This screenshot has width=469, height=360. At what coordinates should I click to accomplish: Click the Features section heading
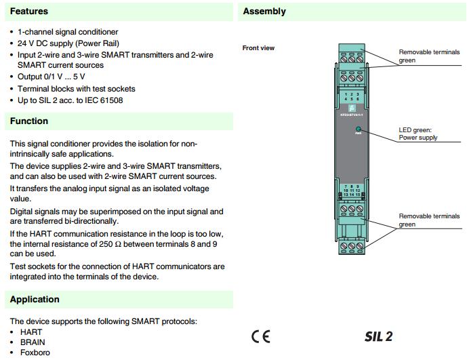coord(29,12)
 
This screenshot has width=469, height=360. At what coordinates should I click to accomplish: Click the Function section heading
coord(29,121)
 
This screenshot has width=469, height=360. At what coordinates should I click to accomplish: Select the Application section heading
coord(35,299)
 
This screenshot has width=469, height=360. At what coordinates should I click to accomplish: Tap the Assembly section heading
coord(264,12)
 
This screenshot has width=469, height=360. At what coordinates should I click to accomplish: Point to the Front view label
coord(258,48)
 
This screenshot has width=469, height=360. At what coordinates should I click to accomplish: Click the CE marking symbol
coord(260,336)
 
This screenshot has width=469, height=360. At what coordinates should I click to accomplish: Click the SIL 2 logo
coord(379,336)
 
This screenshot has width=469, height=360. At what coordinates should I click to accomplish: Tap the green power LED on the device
coord(358,127)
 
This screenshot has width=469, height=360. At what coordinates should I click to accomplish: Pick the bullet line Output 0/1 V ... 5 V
coord(60,77)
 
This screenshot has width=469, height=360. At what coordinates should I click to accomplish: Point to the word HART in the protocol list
coord(31,332)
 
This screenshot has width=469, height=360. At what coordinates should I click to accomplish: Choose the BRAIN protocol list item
coord(33,342)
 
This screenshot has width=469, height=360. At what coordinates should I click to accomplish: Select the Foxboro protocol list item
coord(35,353)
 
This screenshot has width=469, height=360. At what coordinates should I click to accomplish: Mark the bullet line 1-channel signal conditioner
coord(68,32)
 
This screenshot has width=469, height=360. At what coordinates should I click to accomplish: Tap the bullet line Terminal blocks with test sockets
coord(77,89)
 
